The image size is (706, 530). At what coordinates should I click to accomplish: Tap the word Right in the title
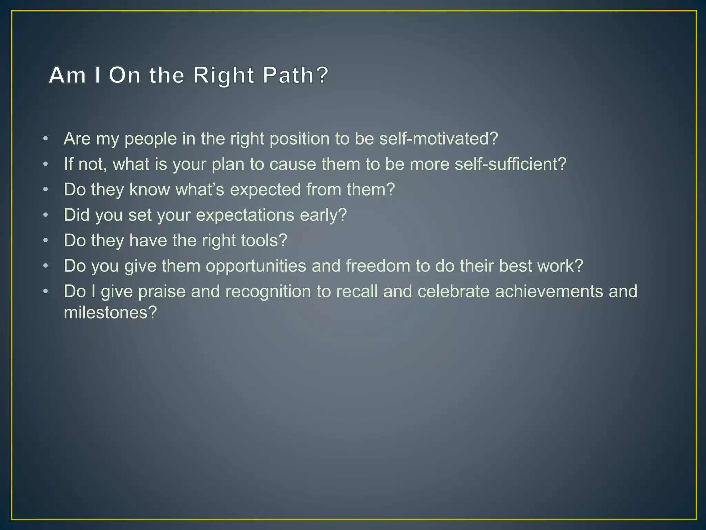[224, 76]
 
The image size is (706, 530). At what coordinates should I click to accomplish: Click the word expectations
[245, 215]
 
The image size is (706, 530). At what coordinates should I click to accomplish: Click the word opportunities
[256, 266]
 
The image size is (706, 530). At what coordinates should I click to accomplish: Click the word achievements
[549, 291]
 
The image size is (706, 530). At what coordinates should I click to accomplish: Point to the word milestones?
[110, 313]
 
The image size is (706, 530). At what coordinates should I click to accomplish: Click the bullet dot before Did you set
[46, 215]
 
